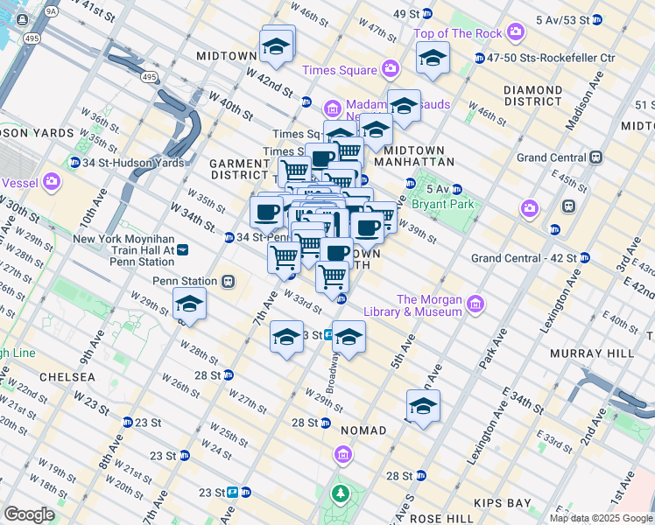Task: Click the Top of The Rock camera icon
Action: tap(515, 33)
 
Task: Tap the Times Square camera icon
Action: tap(391, 68)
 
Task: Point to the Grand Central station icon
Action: tap(596, 157)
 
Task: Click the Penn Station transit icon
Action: tap(229, 282)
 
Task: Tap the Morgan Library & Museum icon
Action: tap(475, 304)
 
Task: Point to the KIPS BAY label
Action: tap(503, 504)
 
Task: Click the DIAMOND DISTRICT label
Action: tap(532, 95)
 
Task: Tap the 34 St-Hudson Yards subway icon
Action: tap(75, 163)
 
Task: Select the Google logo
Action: tap(28, 514)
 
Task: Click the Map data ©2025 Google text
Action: tap(601, 518)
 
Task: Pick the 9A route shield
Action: tap(51, 10)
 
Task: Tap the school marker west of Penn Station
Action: tap(189, 304)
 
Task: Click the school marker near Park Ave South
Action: tap(423, 406)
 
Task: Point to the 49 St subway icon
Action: tap(426, 14)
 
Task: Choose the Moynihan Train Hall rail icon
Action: tap(182, 249)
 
